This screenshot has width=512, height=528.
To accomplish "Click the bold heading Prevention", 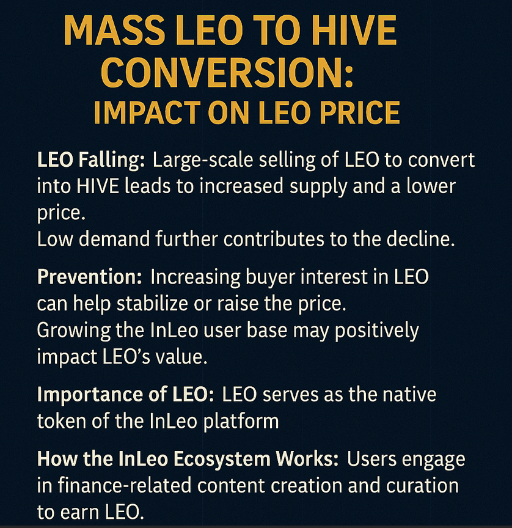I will point(89,277).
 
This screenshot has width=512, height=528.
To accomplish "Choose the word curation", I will point(412,485).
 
